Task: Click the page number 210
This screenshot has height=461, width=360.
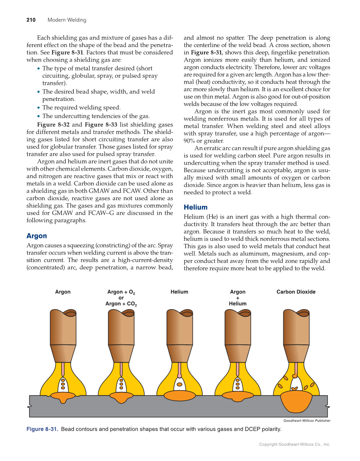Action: tap(31, 20)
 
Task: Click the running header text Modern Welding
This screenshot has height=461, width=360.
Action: tap(67, 20)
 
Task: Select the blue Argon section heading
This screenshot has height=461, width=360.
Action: tap(36, 236)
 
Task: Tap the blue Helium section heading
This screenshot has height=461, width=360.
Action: tap(195, 207)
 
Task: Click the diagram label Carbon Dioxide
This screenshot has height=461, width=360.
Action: tap(296, 292)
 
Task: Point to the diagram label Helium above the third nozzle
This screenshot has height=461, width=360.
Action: tap(179, 292)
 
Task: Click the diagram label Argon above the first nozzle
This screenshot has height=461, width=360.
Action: tap(63, 292)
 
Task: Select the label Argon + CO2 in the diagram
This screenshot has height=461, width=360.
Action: tap(121, 304)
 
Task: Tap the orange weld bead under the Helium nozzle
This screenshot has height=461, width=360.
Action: tap(179, 396)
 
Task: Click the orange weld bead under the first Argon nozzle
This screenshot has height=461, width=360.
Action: tap(63, 397)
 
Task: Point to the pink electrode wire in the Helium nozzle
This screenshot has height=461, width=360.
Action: tap(179, 369)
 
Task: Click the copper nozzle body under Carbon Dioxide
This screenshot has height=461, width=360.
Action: tap(296, 329)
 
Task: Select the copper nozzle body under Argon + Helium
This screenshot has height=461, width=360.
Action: tap(237, 329)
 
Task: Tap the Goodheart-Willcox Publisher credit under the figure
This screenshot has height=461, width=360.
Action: tap(307, 421)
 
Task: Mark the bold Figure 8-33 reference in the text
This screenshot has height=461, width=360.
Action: tap(102, 125)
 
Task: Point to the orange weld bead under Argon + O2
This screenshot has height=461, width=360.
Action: tap(121, 397)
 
